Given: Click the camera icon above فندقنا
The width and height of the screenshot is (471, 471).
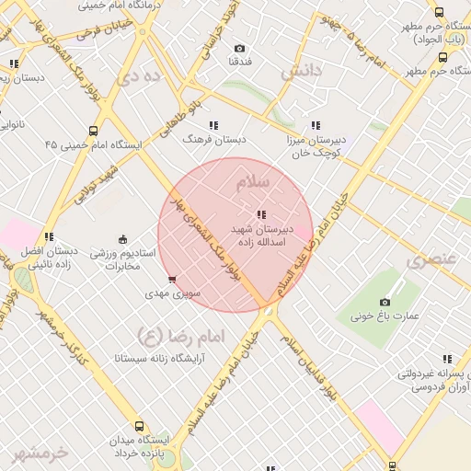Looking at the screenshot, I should point(240,48).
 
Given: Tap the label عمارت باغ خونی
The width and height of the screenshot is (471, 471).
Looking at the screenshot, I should point(385,317).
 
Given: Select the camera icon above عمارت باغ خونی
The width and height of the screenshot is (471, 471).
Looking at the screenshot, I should point(385,302).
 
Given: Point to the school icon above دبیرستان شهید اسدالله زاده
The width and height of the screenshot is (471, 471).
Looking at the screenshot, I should point(262,214).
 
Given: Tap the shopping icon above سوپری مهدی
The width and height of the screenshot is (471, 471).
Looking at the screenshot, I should point(172,279).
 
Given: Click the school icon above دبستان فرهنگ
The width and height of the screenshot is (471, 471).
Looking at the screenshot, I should point(214,124).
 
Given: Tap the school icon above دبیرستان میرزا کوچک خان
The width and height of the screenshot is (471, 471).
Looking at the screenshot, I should point(316,125).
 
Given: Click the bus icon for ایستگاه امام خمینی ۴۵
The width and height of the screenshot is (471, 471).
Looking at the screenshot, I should point(93,132).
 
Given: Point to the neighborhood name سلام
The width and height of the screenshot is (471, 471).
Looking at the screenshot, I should point(254,182).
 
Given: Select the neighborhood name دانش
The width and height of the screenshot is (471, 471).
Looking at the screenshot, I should point(304,71).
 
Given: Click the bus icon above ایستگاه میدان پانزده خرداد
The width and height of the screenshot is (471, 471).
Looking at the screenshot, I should point(139,427).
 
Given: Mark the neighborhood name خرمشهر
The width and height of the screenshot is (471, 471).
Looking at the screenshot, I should point(41,453).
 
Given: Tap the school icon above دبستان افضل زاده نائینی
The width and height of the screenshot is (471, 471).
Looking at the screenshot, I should point(49,236).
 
